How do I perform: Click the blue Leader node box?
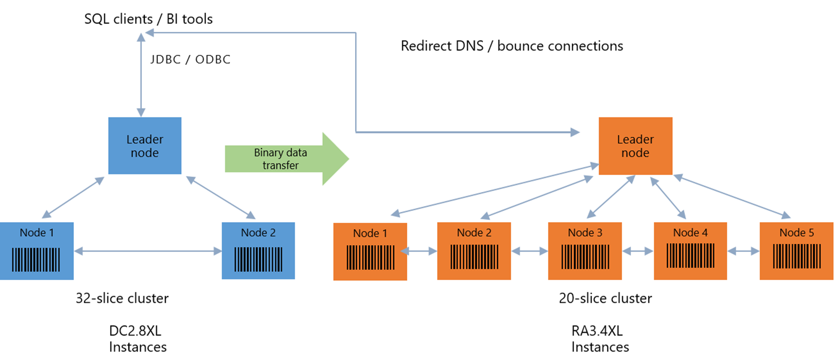pos(145,146)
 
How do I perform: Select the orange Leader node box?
pos(635,146)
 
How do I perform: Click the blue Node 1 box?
pos(36,251)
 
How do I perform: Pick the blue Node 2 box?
pos(258,251)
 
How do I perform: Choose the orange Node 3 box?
pos(585,251)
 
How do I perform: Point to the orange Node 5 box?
pos(796,251)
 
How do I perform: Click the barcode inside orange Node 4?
pos(690,256)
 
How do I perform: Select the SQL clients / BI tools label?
pos(148,19)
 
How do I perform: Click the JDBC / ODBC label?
pos(190,59)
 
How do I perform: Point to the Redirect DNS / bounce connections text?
pos(511,46)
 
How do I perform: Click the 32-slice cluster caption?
pos(122,298)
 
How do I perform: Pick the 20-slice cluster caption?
pos(605,298)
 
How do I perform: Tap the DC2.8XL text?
pos(135,331)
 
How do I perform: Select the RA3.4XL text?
pos(597,331)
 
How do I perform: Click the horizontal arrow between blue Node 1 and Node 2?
pos(148,251)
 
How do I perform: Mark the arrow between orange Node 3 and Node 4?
pos(638,251)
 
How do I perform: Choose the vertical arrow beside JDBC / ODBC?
pos(141,75)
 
